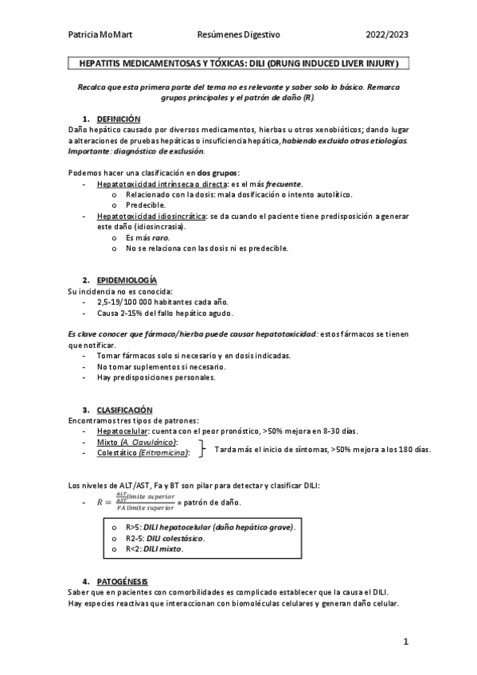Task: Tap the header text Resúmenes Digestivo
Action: click(x=238, y=35)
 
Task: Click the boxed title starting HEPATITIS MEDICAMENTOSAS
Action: click(x=239, y=62)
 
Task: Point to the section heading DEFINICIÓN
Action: click(x=118, y=119)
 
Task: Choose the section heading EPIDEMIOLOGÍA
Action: click(x=127, y=280)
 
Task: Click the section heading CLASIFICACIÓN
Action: click(x=123, y=409)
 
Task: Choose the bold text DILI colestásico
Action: click(x=182, y=538)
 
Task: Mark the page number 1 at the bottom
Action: click(x=405, y=641)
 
